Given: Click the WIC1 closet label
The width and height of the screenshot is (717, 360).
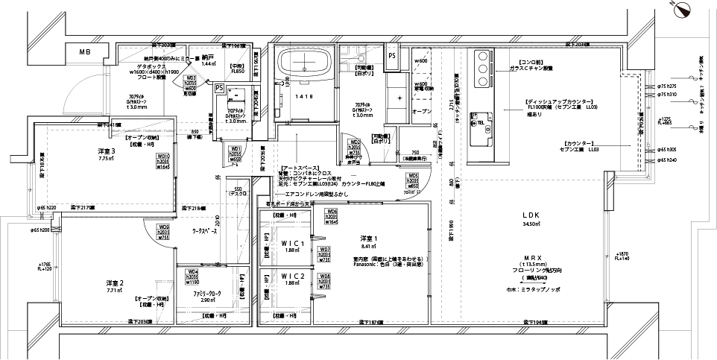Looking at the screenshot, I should pos(293,244).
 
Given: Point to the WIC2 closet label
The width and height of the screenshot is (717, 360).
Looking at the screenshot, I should pos(293,277).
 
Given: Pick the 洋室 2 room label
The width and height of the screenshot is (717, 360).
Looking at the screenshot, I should pos(113,283).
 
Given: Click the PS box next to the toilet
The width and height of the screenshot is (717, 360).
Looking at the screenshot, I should pos(219,87).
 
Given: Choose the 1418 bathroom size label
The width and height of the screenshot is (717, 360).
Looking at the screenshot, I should pos(303,97).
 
